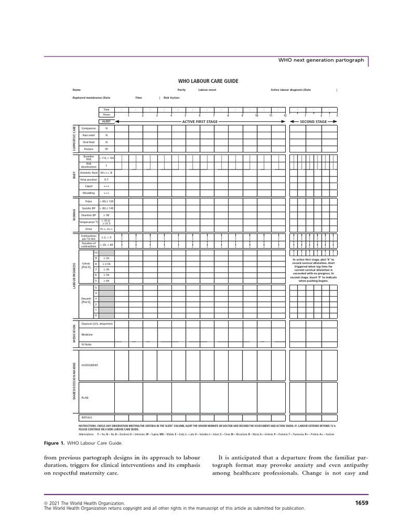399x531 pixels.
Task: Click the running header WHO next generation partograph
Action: [322, 61]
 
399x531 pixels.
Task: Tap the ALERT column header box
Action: [106, 121]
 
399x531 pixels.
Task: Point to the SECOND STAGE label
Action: [313, 121]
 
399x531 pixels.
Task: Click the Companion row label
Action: [89, 128]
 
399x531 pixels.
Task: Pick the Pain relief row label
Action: [89, 135]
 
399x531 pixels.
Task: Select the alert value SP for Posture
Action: [107, 149]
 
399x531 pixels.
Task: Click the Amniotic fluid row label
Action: [89, 172]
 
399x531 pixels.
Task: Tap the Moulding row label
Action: [89, 192]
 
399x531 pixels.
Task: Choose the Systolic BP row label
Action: [89, 208]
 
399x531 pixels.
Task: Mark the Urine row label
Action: [89, 228]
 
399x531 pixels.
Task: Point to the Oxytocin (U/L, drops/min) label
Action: [97, 324]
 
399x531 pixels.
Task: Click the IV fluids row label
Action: [87, 344]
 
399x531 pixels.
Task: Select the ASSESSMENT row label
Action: [90, 365]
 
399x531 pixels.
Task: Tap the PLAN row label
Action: [85, 397]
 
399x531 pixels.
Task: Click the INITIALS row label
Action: [87, 417]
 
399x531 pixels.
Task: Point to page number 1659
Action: [361, 502]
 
